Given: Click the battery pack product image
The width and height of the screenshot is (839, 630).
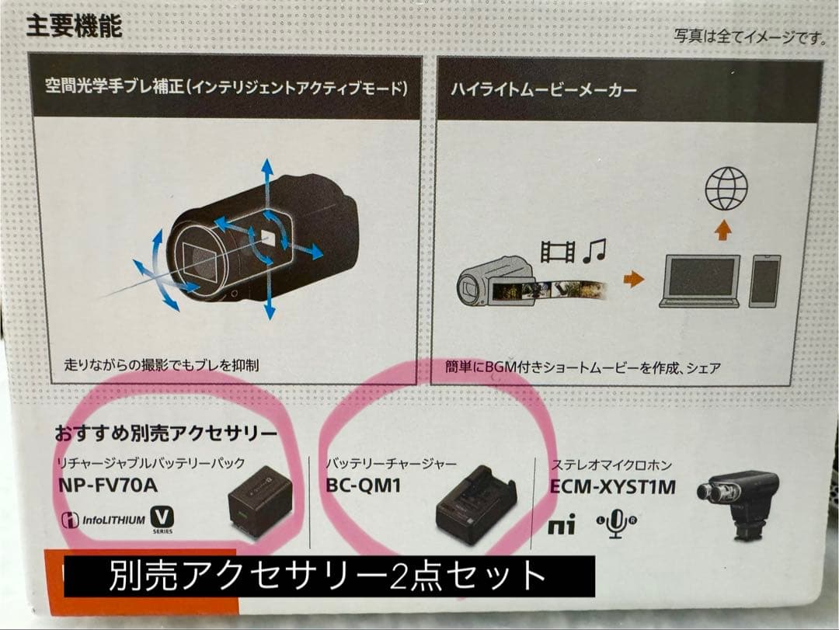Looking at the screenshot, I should click(259, 503).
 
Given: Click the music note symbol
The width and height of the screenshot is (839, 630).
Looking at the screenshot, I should click(594, 250).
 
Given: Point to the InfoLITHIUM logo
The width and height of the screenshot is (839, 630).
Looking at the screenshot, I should click(103, 520).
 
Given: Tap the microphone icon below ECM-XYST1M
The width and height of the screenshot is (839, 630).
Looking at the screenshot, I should click(616, 526).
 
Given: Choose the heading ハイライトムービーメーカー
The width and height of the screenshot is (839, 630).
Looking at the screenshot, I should click(544, 90).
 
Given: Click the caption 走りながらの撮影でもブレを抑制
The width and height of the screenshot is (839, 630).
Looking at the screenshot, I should click(162, 364).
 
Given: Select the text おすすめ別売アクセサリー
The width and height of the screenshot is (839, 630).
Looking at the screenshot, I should click(166, 432).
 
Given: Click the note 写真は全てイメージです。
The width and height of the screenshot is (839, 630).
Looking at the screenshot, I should click(749, 37).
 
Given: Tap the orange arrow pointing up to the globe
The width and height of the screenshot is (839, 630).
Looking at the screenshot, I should click(725, 229).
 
